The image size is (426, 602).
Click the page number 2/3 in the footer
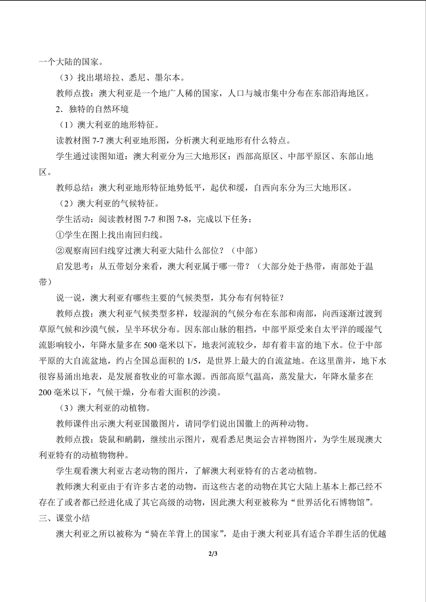213,554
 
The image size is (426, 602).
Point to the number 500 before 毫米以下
150,345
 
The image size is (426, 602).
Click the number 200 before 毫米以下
45,392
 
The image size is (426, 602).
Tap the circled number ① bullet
60,235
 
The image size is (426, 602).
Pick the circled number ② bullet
60,251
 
